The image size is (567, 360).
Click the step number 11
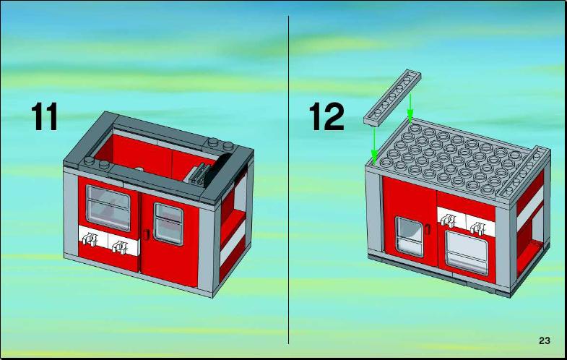click(45, 116)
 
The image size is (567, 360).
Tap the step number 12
click(326, 116)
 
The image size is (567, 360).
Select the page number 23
click(544, 340)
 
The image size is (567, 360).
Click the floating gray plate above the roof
click(392, 98)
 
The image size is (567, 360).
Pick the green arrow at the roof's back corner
click(410, 108)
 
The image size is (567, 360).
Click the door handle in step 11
click(146, 233)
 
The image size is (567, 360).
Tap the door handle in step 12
click(428, 228)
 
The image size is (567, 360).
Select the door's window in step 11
click(168, 224)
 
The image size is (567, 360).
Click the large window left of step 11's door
click(108, 208)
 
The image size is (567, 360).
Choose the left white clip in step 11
click(89, 239)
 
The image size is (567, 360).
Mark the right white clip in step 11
click(120, 247)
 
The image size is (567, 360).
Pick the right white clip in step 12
click(479, 228)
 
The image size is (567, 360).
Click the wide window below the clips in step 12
click(467, 252)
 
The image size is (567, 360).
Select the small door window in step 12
click(409, 236)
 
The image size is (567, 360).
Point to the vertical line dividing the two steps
click(289, 180)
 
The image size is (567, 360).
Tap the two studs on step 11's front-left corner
click(96, 162)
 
